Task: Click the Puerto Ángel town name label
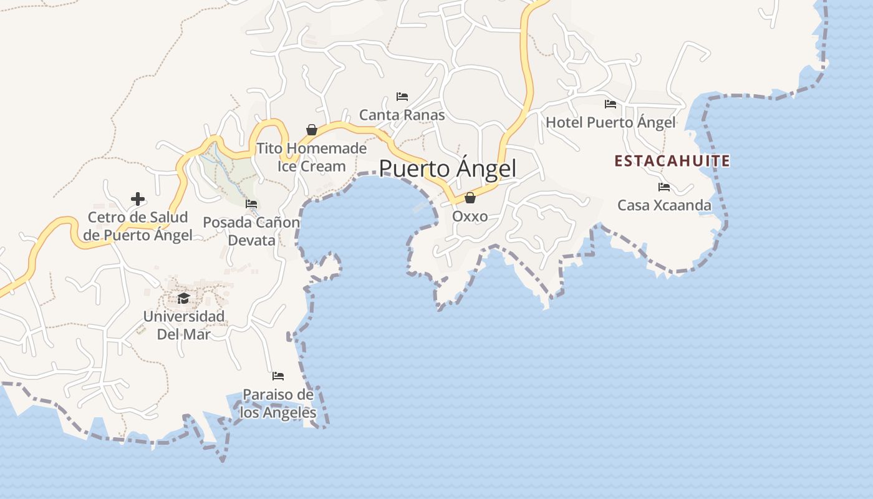pos(448,168)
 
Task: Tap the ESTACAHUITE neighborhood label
pos(672,161)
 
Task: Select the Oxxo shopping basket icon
pos(470,198)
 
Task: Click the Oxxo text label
pos(470,217)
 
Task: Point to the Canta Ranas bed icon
pos(402,97)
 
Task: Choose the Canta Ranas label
pos(402,115)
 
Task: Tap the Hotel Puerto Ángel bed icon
pos(610,104)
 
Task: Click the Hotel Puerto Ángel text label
pos(610,122)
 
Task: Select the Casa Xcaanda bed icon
pos(664,187)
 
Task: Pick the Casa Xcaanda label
pos(664,205)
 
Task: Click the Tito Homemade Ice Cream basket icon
pos(312,130)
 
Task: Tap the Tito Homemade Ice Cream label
pos(312,157)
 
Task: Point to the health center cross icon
pos(138,199)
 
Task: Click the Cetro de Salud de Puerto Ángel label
pos(138,226)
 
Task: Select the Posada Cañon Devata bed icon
pos(251,203)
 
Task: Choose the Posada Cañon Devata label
pos(251,231)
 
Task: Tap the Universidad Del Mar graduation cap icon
pos(183,298)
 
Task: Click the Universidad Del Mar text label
pos(183,325)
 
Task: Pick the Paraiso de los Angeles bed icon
pos(278,376)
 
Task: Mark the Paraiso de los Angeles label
pos(278,404)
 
